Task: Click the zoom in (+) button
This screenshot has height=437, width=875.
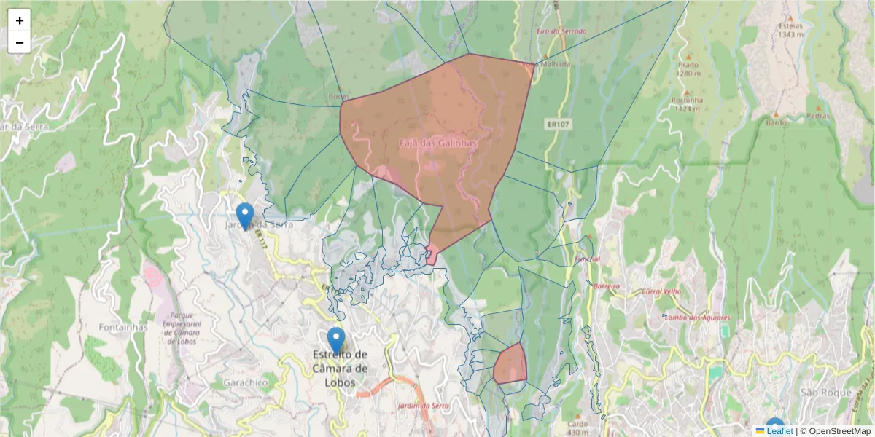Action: click(x=20, y=20)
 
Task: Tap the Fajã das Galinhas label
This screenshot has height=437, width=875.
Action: click(x=437, y=143)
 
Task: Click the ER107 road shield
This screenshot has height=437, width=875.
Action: click(x=558, y=125)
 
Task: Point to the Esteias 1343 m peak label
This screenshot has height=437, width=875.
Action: click(x=790, y=29)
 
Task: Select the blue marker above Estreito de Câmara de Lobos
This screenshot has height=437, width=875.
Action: click(x=335, y=339)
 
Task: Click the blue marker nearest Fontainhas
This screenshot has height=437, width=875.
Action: click(x=245, y=216)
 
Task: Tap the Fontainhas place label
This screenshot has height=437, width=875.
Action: click(x=123, y=327)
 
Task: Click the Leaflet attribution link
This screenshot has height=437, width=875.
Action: click(x=779, y=431)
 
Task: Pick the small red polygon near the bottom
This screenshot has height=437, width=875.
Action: click(x=510, y=364)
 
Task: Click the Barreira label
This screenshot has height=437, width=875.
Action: click(x=606, y=286)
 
